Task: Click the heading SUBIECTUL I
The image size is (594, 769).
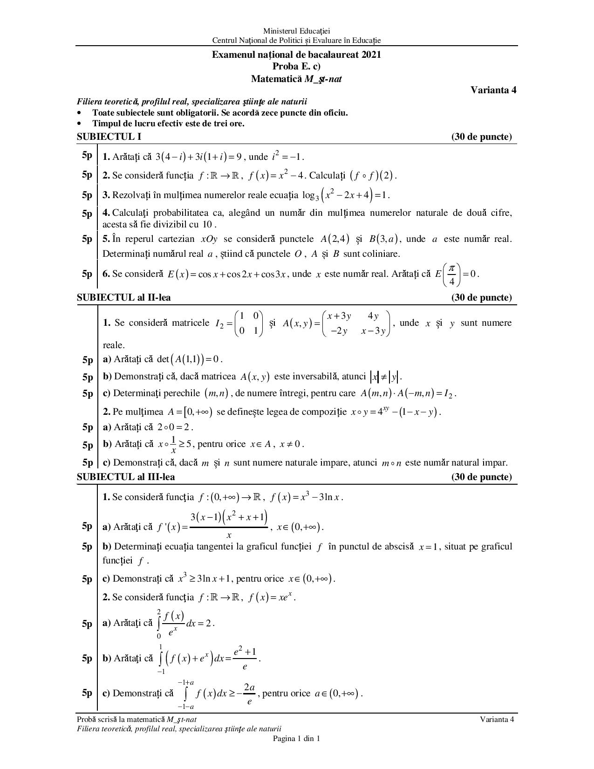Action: pos(109,137)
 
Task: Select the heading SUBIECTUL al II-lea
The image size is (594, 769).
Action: pos(124,297)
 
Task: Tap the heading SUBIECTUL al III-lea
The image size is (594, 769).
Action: pos(126,477)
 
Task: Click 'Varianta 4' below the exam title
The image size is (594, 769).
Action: pos(493,90)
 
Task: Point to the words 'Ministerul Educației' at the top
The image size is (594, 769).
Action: pos(297,31)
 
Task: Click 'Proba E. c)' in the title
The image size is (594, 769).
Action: pos(296,67)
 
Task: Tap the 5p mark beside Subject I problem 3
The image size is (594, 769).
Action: pos(87,195)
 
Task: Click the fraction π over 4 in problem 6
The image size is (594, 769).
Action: pos(451,275)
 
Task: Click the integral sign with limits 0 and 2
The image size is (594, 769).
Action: pos(159,623)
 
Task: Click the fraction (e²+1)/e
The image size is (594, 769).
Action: pos(245,659)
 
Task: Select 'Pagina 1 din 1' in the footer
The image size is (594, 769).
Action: pos(296,738)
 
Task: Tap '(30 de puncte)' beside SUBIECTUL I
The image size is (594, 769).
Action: pos(481,137)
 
